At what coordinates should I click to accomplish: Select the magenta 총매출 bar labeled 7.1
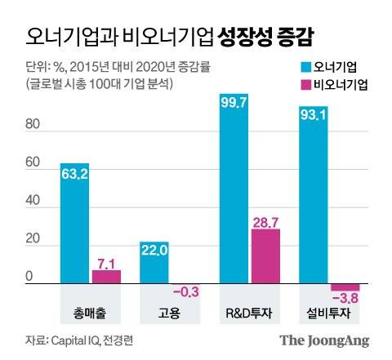click(x=106, y=277)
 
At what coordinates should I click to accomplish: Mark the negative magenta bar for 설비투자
click(x=345, y=287)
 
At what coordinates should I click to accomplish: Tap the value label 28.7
click(x=265, y=222)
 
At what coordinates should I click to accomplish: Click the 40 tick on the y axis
click(x=33, y=203)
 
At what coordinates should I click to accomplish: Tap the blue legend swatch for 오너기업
click(x=301, y=65)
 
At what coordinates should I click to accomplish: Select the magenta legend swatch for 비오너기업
click(x=301, y=82)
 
